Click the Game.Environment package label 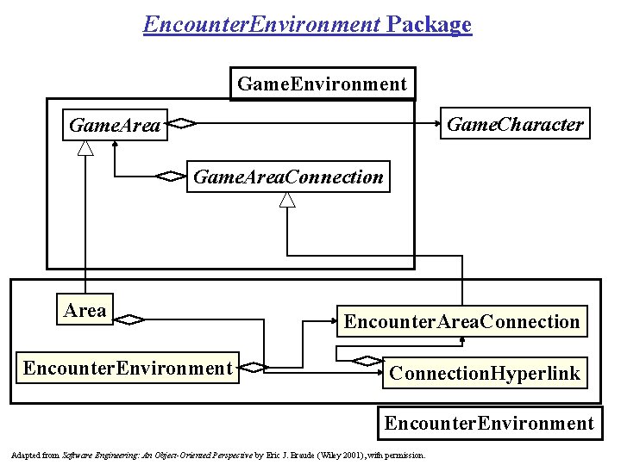(x=321, y=84)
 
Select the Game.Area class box (x=115, y=126)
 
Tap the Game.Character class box (x=515, y=124)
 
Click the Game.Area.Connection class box (x=288, y=177)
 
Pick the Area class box (x=85, y=311)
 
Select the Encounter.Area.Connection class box (x=461, y=321)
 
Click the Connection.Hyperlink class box (x=484, y=373)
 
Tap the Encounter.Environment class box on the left (x=128, y=369)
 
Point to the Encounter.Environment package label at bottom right (x=489, y=423)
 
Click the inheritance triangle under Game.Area (x=85, y=148)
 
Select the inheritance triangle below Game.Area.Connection (x=287, y=200)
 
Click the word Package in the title (x=430, y=24)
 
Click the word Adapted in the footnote (x=22, y=454)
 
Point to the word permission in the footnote (x=406, y=454)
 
